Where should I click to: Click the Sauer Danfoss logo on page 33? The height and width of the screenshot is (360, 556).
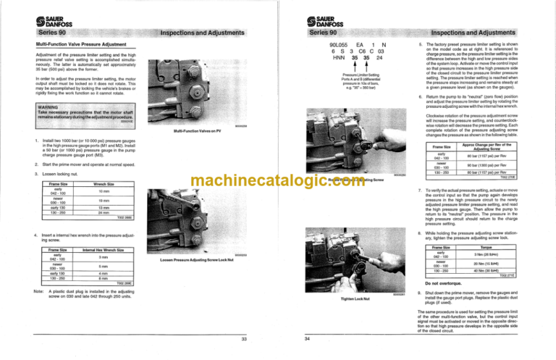[38, 13]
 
